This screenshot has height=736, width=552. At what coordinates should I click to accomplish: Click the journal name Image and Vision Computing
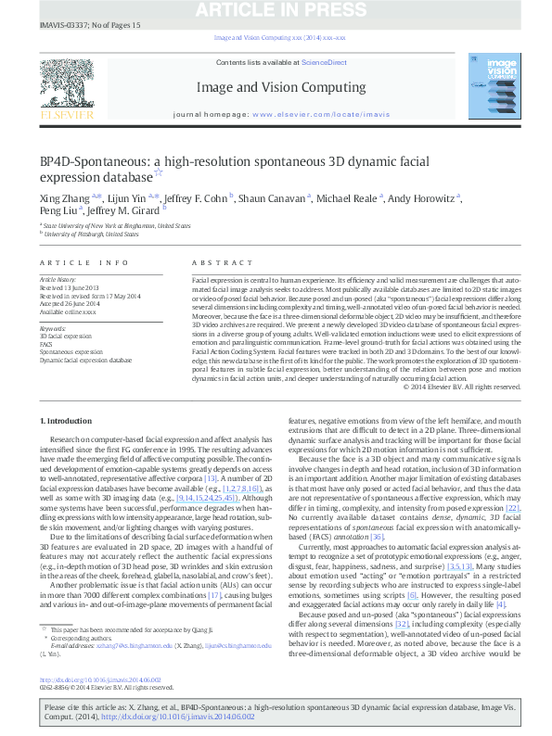pos(275,88)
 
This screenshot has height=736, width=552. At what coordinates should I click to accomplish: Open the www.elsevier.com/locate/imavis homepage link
pos(315,116)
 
